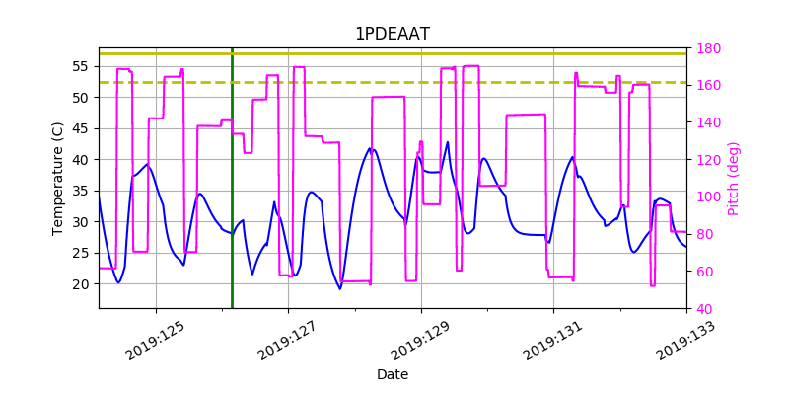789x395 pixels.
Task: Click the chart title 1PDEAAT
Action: pyautogui.click(x=392, y=35)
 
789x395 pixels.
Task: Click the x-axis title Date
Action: pyautogui.click(x=392, y=375)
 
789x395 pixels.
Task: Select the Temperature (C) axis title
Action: pyautogui.click(x=58, y=178)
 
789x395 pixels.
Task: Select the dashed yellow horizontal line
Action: pyautogui.click(x=394, y=82)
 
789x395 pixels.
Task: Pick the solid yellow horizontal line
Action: pyautogui.click(x=394, y=54)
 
